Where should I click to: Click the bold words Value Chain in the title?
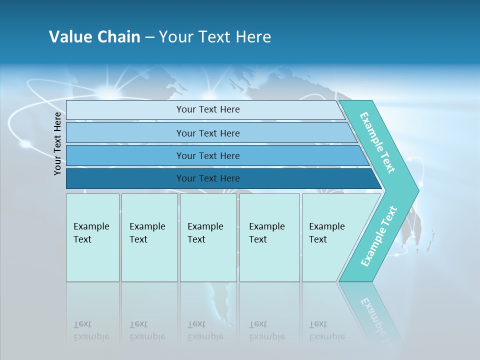94,37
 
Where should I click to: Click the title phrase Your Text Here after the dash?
215,37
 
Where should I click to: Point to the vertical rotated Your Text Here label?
58,143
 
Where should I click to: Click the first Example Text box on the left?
92,237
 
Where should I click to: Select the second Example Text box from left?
149,237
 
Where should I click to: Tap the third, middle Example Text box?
208,237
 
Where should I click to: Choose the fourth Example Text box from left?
269,237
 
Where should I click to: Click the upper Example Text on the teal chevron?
377,143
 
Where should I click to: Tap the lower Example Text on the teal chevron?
379,236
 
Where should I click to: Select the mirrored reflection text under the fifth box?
326,330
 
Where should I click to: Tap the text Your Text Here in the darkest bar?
208,178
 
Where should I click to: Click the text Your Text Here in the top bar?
208,109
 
